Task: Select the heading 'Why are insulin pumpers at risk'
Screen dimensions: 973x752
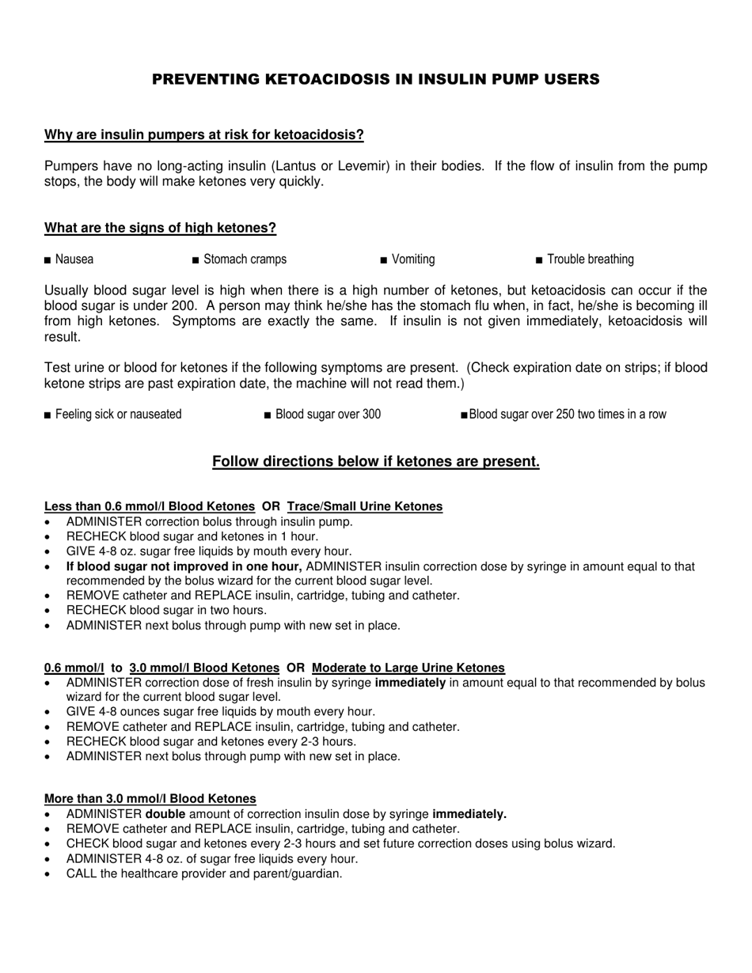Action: (203, 134)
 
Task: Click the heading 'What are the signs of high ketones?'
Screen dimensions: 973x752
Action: (160, 229)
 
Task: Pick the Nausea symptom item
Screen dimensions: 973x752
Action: (74, 259)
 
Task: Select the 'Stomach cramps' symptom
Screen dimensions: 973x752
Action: (245, 259)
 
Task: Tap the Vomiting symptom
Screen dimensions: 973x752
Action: (412, 259)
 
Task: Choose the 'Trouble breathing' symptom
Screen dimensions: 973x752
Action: (590, 259)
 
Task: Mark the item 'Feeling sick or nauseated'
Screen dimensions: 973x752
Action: (118, 415)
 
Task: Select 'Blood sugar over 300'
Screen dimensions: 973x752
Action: (328, 415)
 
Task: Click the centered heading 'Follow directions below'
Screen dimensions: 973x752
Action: (376, 462)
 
